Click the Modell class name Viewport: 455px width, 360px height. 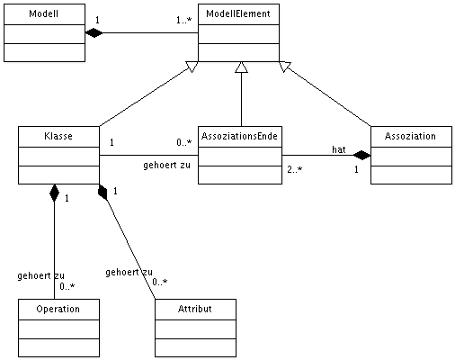click(x=44, y=13)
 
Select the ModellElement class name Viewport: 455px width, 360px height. click(x=238, y=13)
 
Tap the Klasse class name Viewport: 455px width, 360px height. click(x=58, y=136)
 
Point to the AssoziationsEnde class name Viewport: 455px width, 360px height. click(x=239, y=136)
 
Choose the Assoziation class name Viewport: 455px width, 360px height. click(x=410, y=136)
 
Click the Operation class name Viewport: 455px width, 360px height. click(x=58, y=310)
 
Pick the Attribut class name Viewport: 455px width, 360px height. click(x=195, y=309)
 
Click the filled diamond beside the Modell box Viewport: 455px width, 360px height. click(x=94, y=32)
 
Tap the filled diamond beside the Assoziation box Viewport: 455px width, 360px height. click(x=362, y=155)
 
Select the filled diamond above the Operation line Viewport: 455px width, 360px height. click(x=54, y=193)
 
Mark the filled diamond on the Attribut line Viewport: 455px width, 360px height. click(x=103, y=192)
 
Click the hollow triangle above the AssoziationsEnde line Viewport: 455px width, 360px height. click(x=241, y=67)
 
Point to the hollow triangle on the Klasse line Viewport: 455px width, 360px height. click(x=192, y=67)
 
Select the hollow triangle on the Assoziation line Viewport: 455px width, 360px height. click(x=285, y=67)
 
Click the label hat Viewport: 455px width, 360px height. click(x=339, y=149)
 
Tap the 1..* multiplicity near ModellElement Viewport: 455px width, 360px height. click(x=183, y=21)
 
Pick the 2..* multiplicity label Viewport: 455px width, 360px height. click(x=295, y=170)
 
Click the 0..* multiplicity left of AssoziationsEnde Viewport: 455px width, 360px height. click(x=183, y=142)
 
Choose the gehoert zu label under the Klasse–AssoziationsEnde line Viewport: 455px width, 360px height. click(x=166, y=166)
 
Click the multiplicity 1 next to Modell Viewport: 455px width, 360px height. click(x=97, y=20)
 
